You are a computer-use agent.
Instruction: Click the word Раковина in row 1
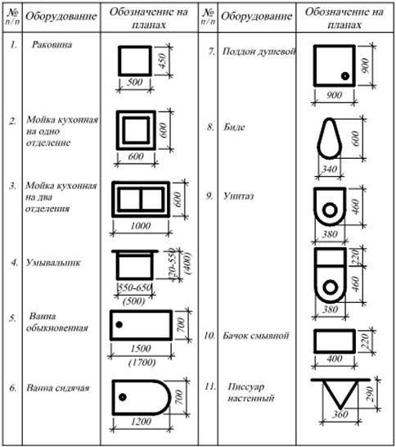[52, 45]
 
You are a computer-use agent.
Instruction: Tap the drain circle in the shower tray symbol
[345, 76]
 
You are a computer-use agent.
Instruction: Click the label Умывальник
[53, 263]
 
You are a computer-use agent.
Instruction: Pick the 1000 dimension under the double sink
[140, 226]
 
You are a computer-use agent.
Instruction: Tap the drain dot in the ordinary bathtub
[119, 324]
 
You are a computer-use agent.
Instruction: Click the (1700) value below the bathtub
[142, 363]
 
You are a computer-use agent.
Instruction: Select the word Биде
[234, 127]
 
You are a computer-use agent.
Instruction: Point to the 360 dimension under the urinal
[340, 414]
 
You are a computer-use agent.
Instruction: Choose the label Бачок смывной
[256, 336]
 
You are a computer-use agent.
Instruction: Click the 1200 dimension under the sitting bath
[141, 422]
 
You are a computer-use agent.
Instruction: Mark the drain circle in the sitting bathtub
[123, 397]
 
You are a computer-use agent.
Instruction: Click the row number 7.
[211, 52]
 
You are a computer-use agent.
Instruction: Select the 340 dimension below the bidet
[330, 169]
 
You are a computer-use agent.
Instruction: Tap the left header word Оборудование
[61, 16]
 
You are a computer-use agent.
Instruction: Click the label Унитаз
[238, 196]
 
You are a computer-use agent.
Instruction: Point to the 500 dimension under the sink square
[134, 82]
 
